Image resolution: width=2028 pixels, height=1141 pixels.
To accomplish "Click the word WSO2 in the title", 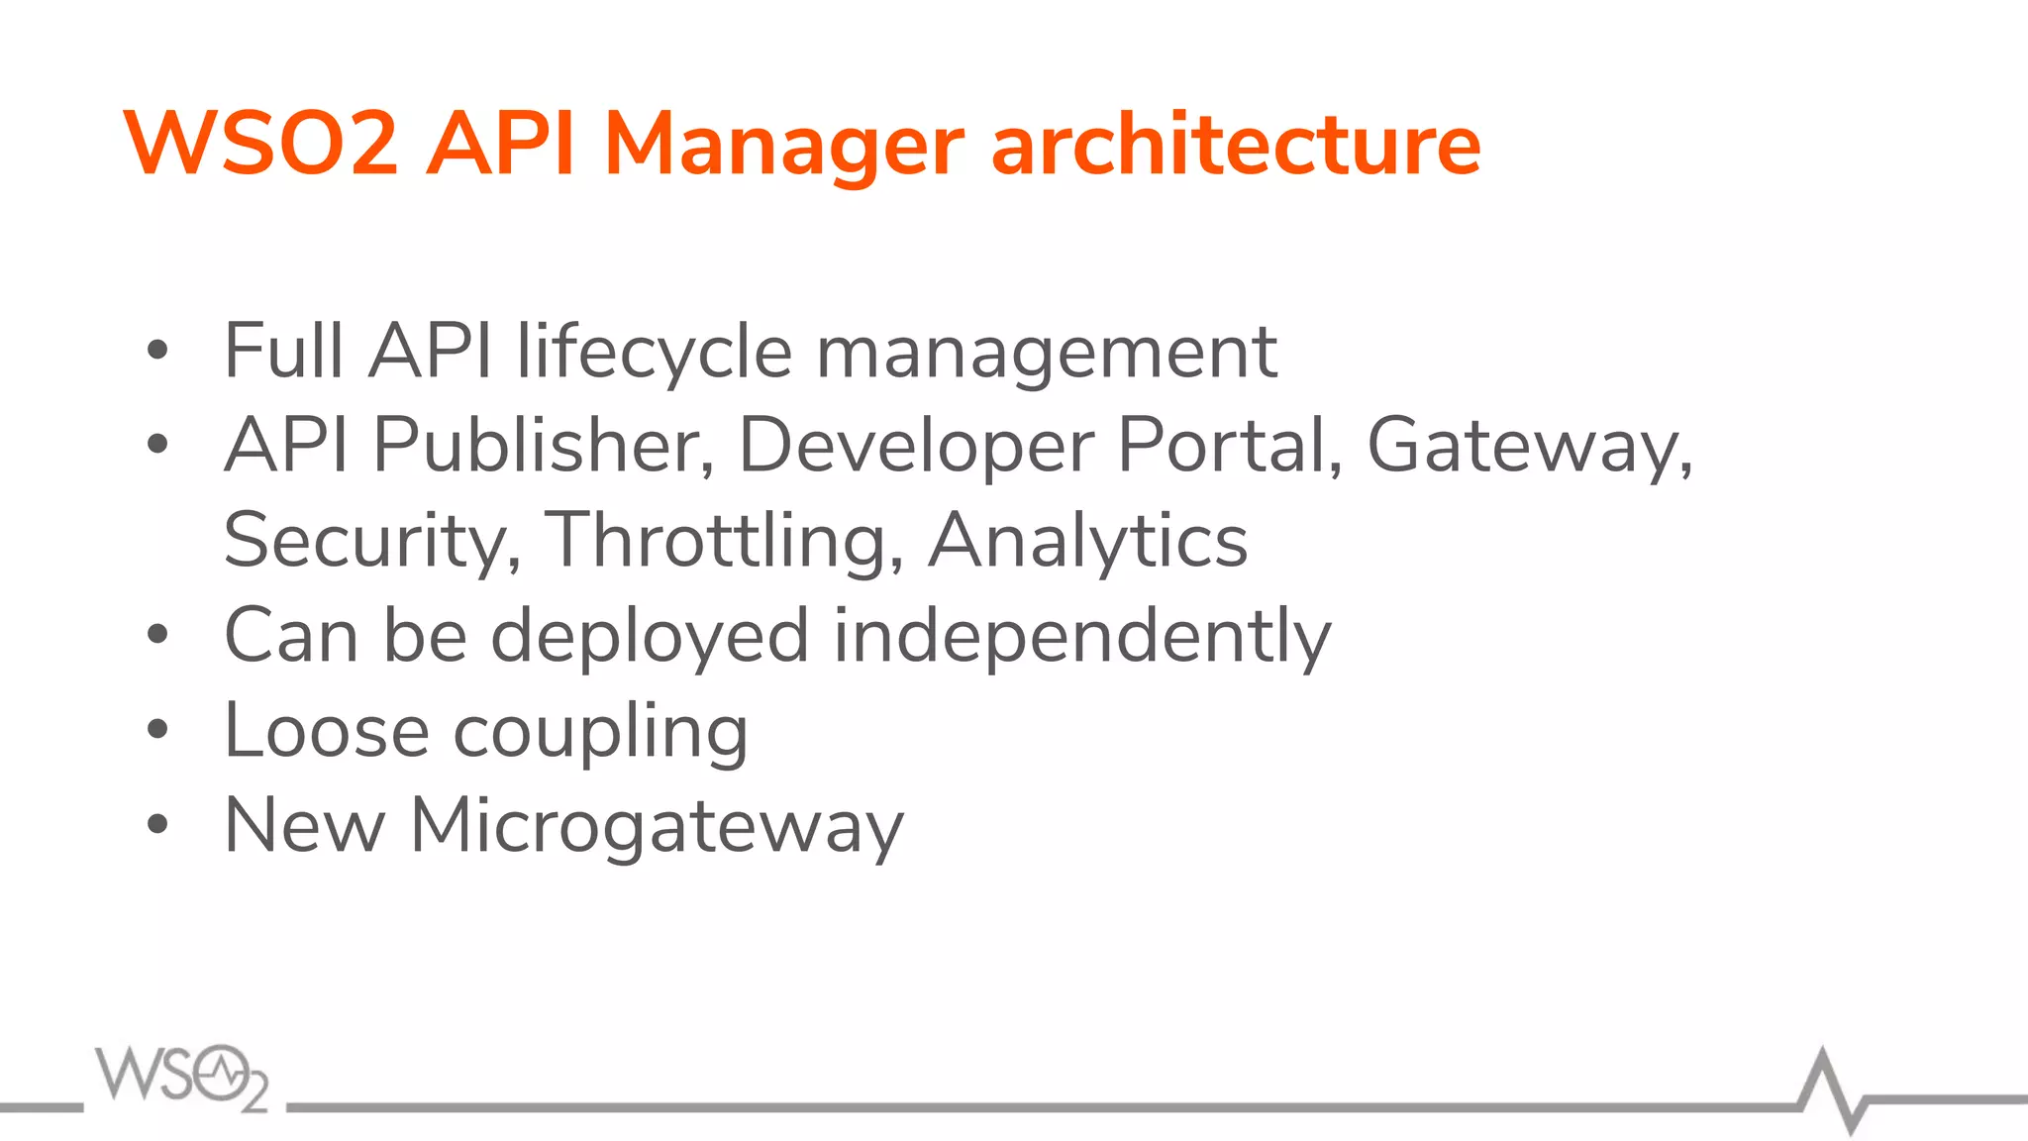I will pos(260,145).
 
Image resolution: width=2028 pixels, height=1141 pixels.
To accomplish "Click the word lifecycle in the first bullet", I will pos(655,353).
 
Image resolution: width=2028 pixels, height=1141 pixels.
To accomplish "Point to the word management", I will pos(1046,353).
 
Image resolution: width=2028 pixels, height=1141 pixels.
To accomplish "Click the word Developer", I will pos(916,446).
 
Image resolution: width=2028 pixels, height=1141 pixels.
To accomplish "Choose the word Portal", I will pos(1229,446).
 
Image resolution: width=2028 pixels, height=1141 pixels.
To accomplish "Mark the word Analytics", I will pos(1087,541).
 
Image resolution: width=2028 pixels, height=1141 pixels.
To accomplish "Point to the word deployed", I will pos(650,636).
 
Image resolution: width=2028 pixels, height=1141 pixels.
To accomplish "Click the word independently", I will pos(1081,636).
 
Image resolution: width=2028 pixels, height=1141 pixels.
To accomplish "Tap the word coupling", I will pos(600,733).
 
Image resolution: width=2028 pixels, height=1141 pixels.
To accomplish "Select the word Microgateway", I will pos(657,826).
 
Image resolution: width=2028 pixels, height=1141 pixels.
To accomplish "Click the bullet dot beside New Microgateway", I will pos(157,824).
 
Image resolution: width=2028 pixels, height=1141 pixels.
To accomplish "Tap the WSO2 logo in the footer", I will pos(182,1078).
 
